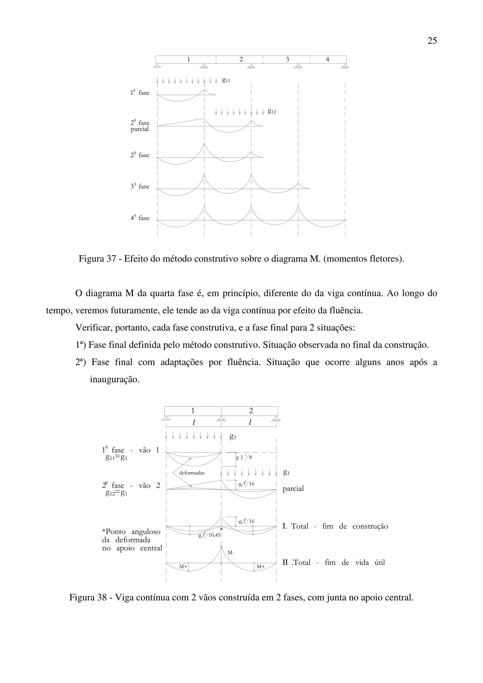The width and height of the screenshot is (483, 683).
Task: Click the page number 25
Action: pyautogui.click(x=432, y=41)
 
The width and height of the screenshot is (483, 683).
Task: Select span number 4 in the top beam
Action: pyautogui.click(x=327, y=59)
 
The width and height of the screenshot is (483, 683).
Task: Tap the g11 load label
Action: pyautogui.click(x=226, y=80)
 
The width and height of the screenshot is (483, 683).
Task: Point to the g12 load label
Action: pyautogui.click(x=272, y=111)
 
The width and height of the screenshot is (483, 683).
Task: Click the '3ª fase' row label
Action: pyautogui.click(x=140, y=186)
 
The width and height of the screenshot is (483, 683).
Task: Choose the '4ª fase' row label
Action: pyautogui.click(x=140, y=218)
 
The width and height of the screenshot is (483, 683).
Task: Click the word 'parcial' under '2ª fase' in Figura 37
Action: pyautogui.click(x=140, y=129)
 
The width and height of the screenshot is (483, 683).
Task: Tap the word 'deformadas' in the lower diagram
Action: pyautogui.click(x=192, y=473)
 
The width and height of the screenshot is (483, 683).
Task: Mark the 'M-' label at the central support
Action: pyautogui.click(x=231, y=553)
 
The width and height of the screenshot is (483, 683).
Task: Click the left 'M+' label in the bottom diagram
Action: pyautogui.click(x=183, y=567)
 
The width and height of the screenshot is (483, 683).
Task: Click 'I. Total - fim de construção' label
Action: pyautogui.click(x=335, y=526)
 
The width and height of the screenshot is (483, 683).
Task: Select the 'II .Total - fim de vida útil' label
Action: pyautogui.click(x=333, y=563)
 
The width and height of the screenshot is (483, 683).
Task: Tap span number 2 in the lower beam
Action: pyautogui.click(x=251, y=411)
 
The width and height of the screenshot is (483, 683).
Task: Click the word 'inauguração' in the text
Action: pyautogui.click(x=115, y=380)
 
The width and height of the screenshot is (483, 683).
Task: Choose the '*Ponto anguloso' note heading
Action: pyautogui.click(x=131, y=532)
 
